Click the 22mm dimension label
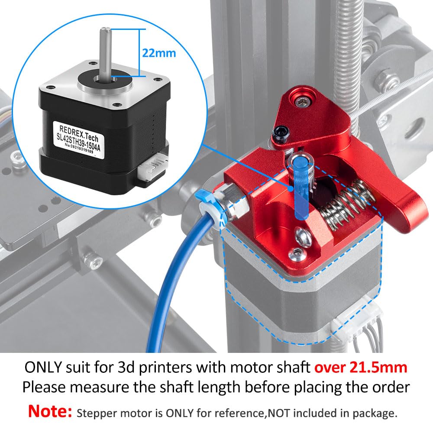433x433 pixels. (x=159, y=53)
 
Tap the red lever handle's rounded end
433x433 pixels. (x=409, y=212)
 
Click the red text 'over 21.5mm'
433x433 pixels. (x=361, y=367)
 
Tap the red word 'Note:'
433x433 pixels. (x=50, y=411)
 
